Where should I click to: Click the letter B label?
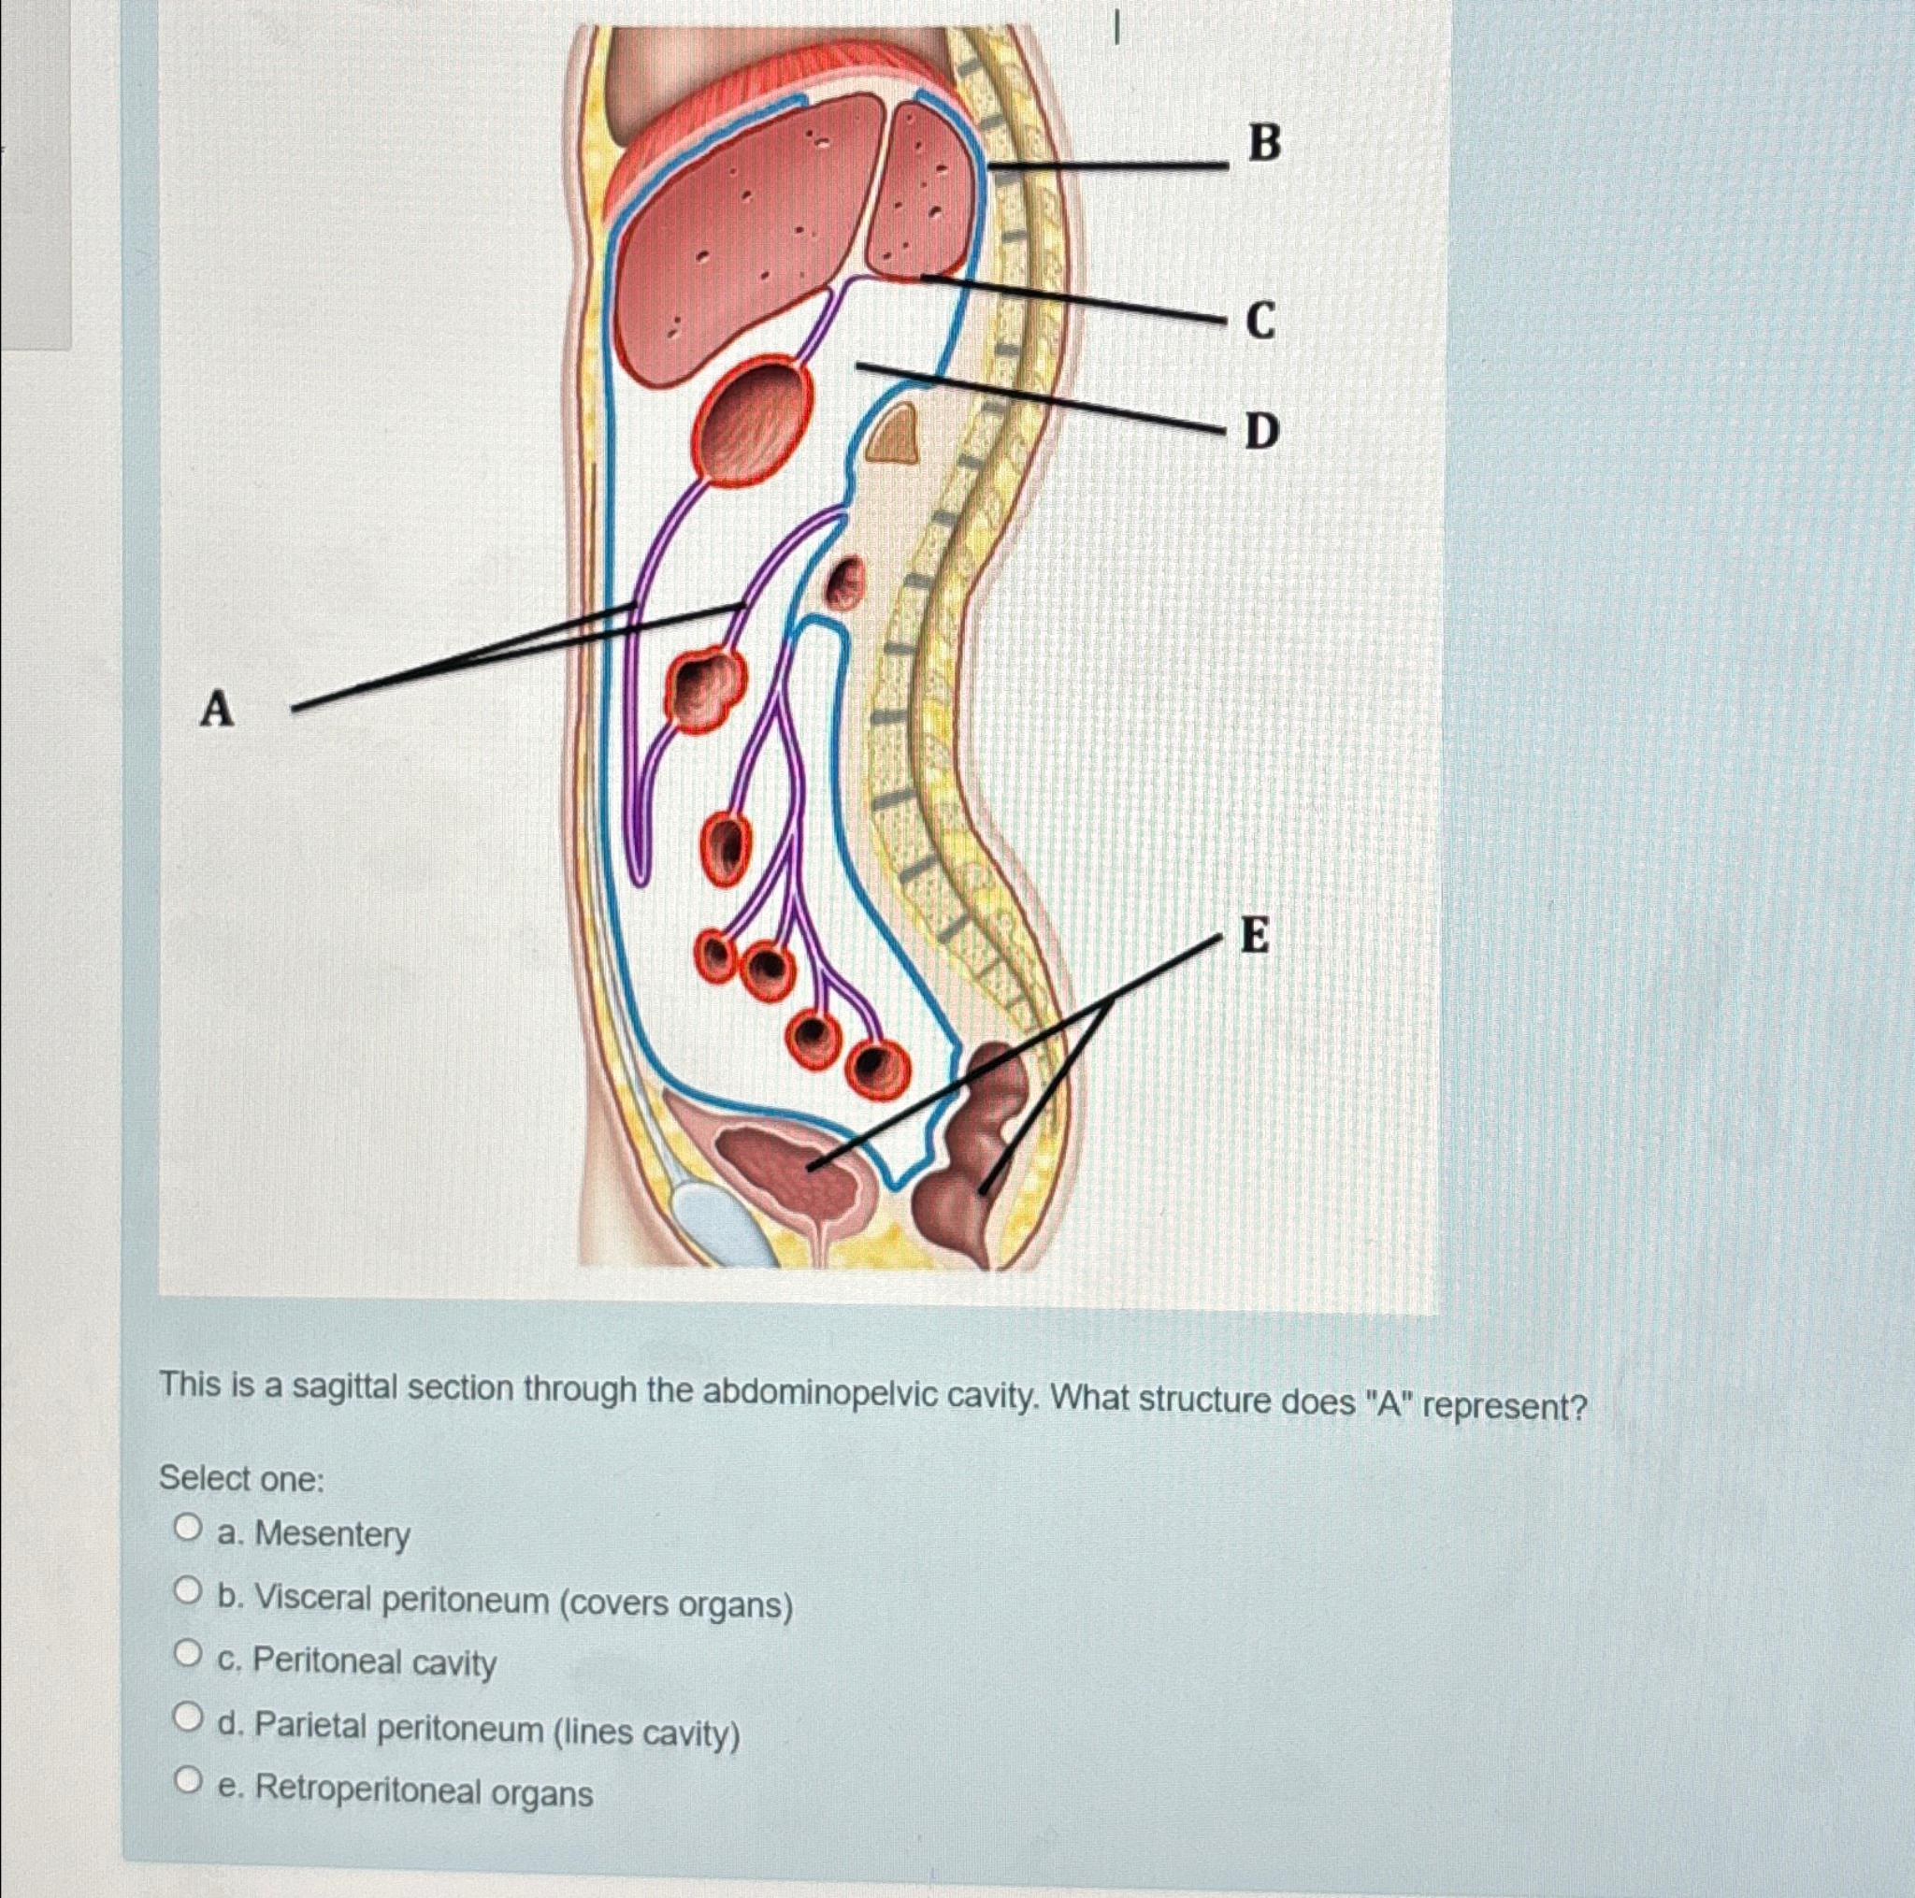pyautogui.click(x=1264, y=144)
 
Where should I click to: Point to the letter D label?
pyautogui.click(x=1261, y=431)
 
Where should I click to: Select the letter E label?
pyautogui.click(x=1255, y=935)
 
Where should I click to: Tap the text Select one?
pyautogui.click(x=242, y=1479)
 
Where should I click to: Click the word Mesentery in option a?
pyautogui.click(x=332, y=1533)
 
